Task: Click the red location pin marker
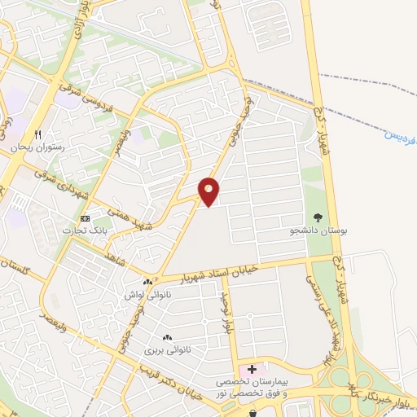209,191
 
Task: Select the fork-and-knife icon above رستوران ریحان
37,134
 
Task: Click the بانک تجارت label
85,232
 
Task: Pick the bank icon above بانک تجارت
85,218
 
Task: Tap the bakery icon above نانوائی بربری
167,337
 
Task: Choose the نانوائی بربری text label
161,350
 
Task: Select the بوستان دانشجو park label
320,231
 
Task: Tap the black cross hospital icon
252,368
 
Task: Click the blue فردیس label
402,133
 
